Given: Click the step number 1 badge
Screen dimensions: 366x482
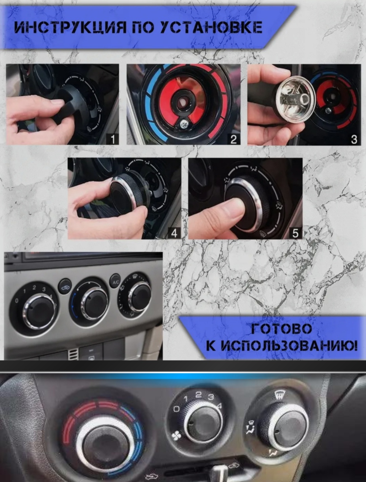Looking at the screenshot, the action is pyautogui.click(x=113, y=139).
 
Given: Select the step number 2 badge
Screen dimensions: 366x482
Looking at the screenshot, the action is pyautogui.click(x=233, y=139).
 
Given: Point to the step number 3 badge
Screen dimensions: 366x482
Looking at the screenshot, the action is pyautogui.click(x=354, y=139).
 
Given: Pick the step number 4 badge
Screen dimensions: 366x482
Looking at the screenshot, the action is pyautogui.click(x=174, y=233).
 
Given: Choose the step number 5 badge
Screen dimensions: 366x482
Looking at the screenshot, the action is pyautogui.click(x=296, y=233).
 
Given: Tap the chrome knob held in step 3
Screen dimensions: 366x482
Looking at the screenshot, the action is pyautogui.click(x=295, y=99).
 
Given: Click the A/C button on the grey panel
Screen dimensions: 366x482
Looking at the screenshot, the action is pyautogui.click(x=116, y=282).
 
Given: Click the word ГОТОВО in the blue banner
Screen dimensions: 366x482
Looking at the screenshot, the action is pyautogui.click(x=281, y=329).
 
